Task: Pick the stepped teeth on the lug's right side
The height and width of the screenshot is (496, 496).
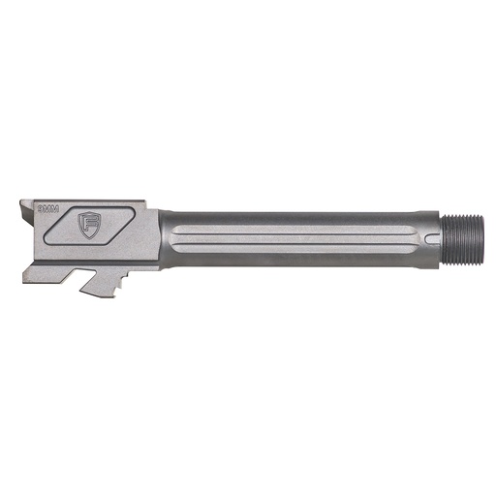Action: click(x=123, y=281)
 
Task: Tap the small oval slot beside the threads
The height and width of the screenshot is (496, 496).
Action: click(x=428, y=237)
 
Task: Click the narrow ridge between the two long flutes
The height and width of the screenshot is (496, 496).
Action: click(x=291, y=237)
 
